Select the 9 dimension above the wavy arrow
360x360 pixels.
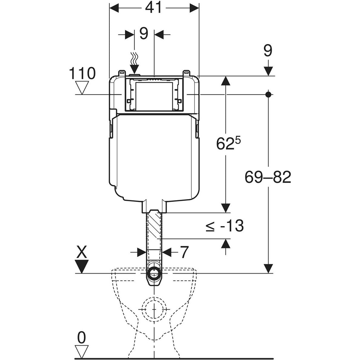[144, 34]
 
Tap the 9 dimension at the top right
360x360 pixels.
[267, 51]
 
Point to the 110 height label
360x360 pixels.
[83, 73]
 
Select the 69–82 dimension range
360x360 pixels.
[268, 177]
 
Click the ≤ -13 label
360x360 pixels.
[225, 226]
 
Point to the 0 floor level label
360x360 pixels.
[82, 338]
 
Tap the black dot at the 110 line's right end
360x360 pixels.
[268, 94]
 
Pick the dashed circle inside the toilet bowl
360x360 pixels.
[154, 309]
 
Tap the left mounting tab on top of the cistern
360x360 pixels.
[122, 73]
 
